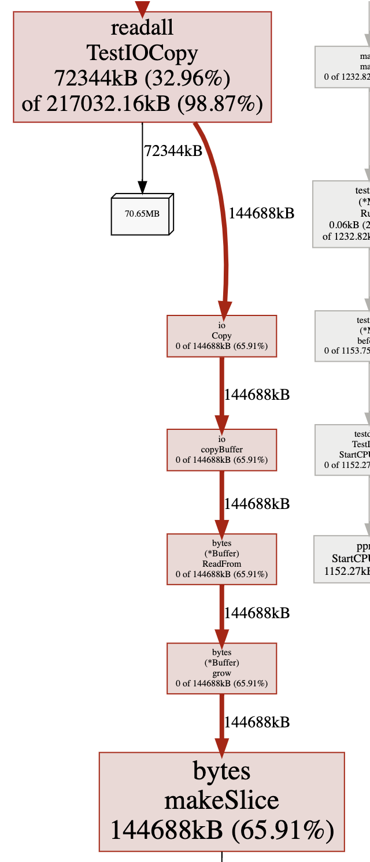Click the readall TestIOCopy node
coord(142,67)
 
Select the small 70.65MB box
coord(142,214)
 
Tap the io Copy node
coord(221,336)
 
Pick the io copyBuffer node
coord(221,449)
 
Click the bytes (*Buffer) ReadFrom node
coord(221,559)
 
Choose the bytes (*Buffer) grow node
coord(221,668)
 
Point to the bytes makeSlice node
coord(221,801)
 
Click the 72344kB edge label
coord(173,151)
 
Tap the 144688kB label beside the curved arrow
coord(261,213)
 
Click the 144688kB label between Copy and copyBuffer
coord(257,395)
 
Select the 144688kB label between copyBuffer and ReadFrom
coord(257,504)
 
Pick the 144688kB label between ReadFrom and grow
coord(257,613)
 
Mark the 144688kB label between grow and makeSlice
coord(257,722)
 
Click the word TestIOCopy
coord(142,53)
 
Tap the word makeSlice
coord(221,801)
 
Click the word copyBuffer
coord(221,449)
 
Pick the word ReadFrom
coord(221,564)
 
